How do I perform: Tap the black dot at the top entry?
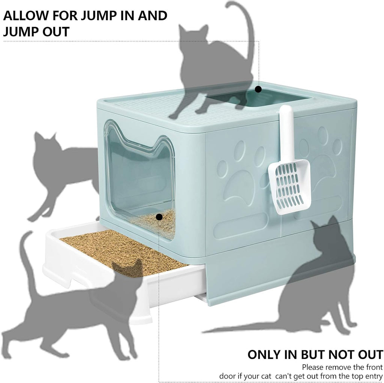coord(258,89)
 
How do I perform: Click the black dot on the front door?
coord(159,217)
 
